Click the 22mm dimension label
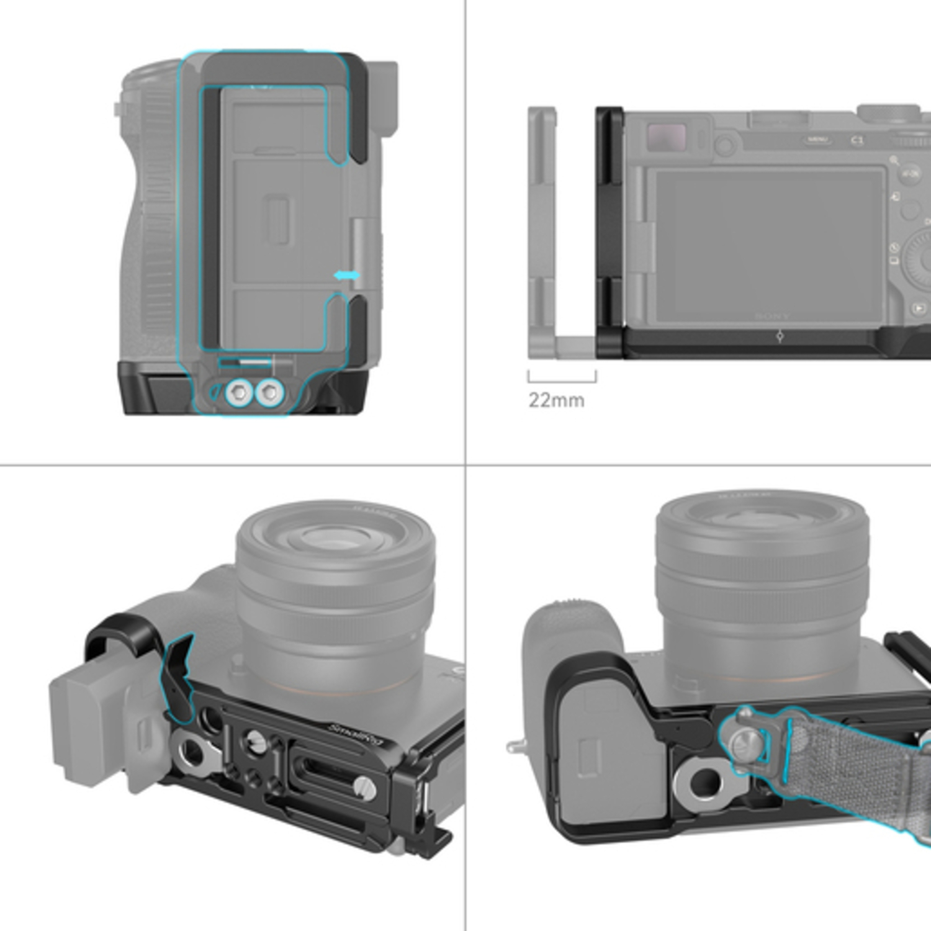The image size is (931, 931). tap(556, 400)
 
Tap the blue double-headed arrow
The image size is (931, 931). tap(346, 275)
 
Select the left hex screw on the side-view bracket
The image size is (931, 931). tap(239, 392)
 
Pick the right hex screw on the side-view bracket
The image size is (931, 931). tap(269, 392)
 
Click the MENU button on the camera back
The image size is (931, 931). tap(817, 140)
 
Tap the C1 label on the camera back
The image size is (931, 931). tap(857, 140)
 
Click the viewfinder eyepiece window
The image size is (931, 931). tap(666, 134)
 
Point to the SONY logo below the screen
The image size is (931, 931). tap(772, 316)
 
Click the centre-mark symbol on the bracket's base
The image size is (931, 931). tap(780, 336)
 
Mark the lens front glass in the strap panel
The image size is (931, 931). tap(760, 521)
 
